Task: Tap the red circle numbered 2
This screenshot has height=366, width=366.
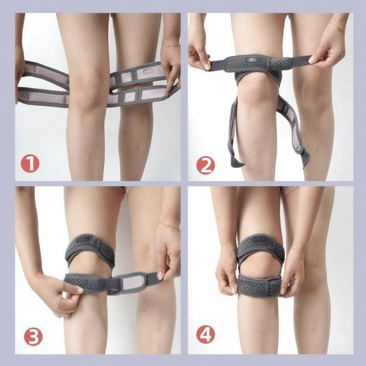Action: coord(206,165)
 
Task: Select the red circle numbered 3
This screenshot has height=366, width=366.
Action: coord(34,336)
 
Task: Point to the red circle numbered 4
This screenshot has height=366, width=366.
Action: coord(206,335)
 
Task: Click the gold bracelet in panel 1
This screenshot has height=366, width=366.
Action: coord(171,46)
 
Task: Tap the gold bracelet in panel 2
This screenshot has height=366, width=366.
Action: coord(337,27)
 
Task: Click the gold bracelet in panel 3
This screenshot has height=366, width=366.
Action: coord(168,226)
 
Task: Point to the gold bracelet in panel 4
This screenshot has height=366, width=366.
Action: coord(297,253)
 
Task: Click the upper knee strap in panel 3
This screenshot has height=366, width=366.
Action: coord(90,248)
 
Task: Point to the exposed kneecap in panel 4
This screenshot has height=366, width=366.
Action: coord(260,266)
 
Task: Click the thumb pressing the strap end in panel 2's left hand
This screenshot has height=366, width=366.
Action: coord(207,65)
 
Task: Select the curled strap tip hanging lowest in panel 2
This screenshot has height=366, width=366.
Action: coord(236,161)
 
